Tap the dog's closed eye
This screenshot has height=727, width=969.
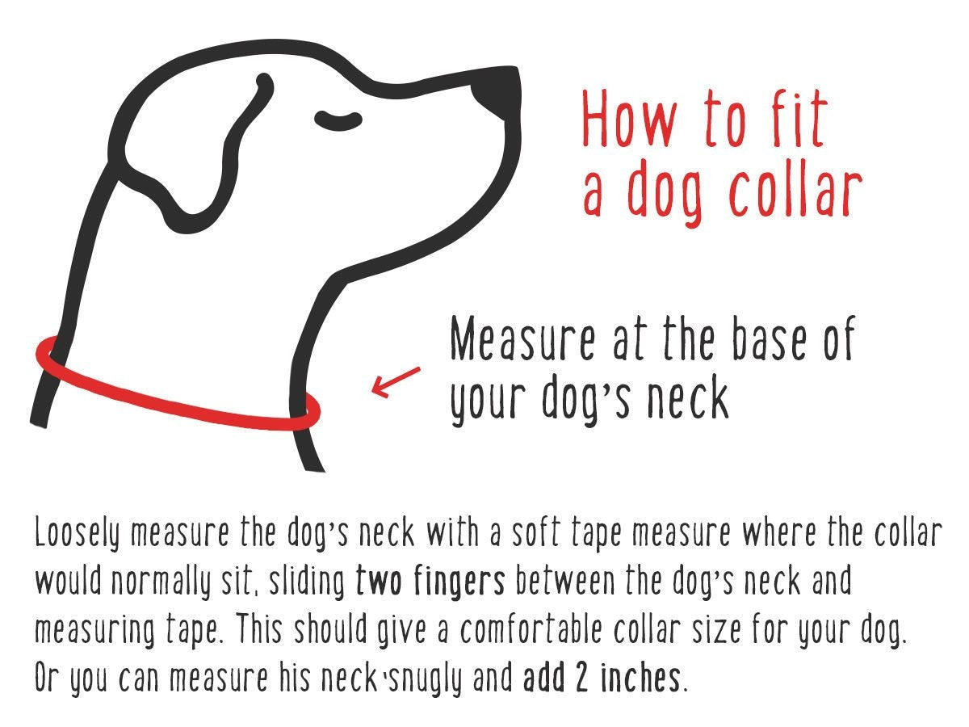point(338,121)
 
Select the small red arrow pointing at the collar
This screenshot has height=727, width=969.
point(395,381)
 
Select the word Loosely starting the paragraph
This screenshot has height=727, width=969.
point(79,534)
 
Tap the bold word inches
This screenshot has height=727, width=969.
point(642,679)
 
